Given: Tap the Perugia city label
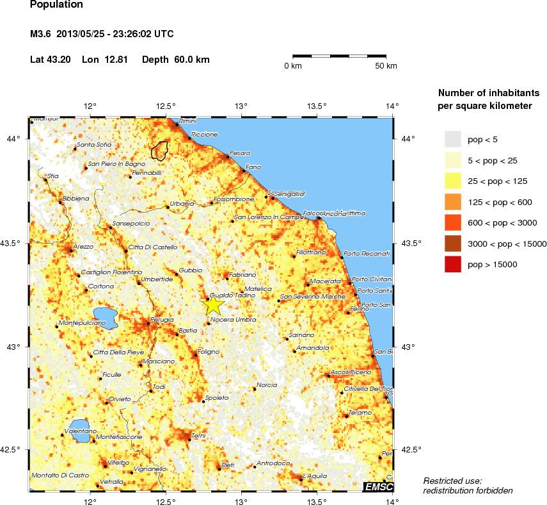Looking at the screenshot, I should click(x=162, y=319).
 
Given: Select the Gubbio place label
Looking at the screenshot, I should click(x=190, y=270).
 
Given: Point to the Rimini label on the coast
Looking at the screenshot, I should click(x=187, y=120).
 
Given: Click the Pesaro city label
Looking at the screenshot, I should click(x=240, y=153).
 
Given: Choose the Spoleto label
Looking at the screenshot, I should click(x=217, y=398).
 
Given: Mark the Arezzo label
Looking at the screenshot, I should click(x=83, y=246).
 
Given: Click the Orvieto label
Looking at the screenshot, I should click(x=120, y=399).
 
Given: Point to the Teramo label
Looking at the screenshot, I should click(x=360, y=412).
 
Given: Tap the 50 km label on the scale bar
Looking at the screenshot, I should click(x=386, y=66).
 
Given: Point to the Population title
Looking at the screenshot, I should click(x=56, y=4).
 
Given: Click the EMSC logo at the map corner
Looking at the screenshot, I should click(x=378, y=487).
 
